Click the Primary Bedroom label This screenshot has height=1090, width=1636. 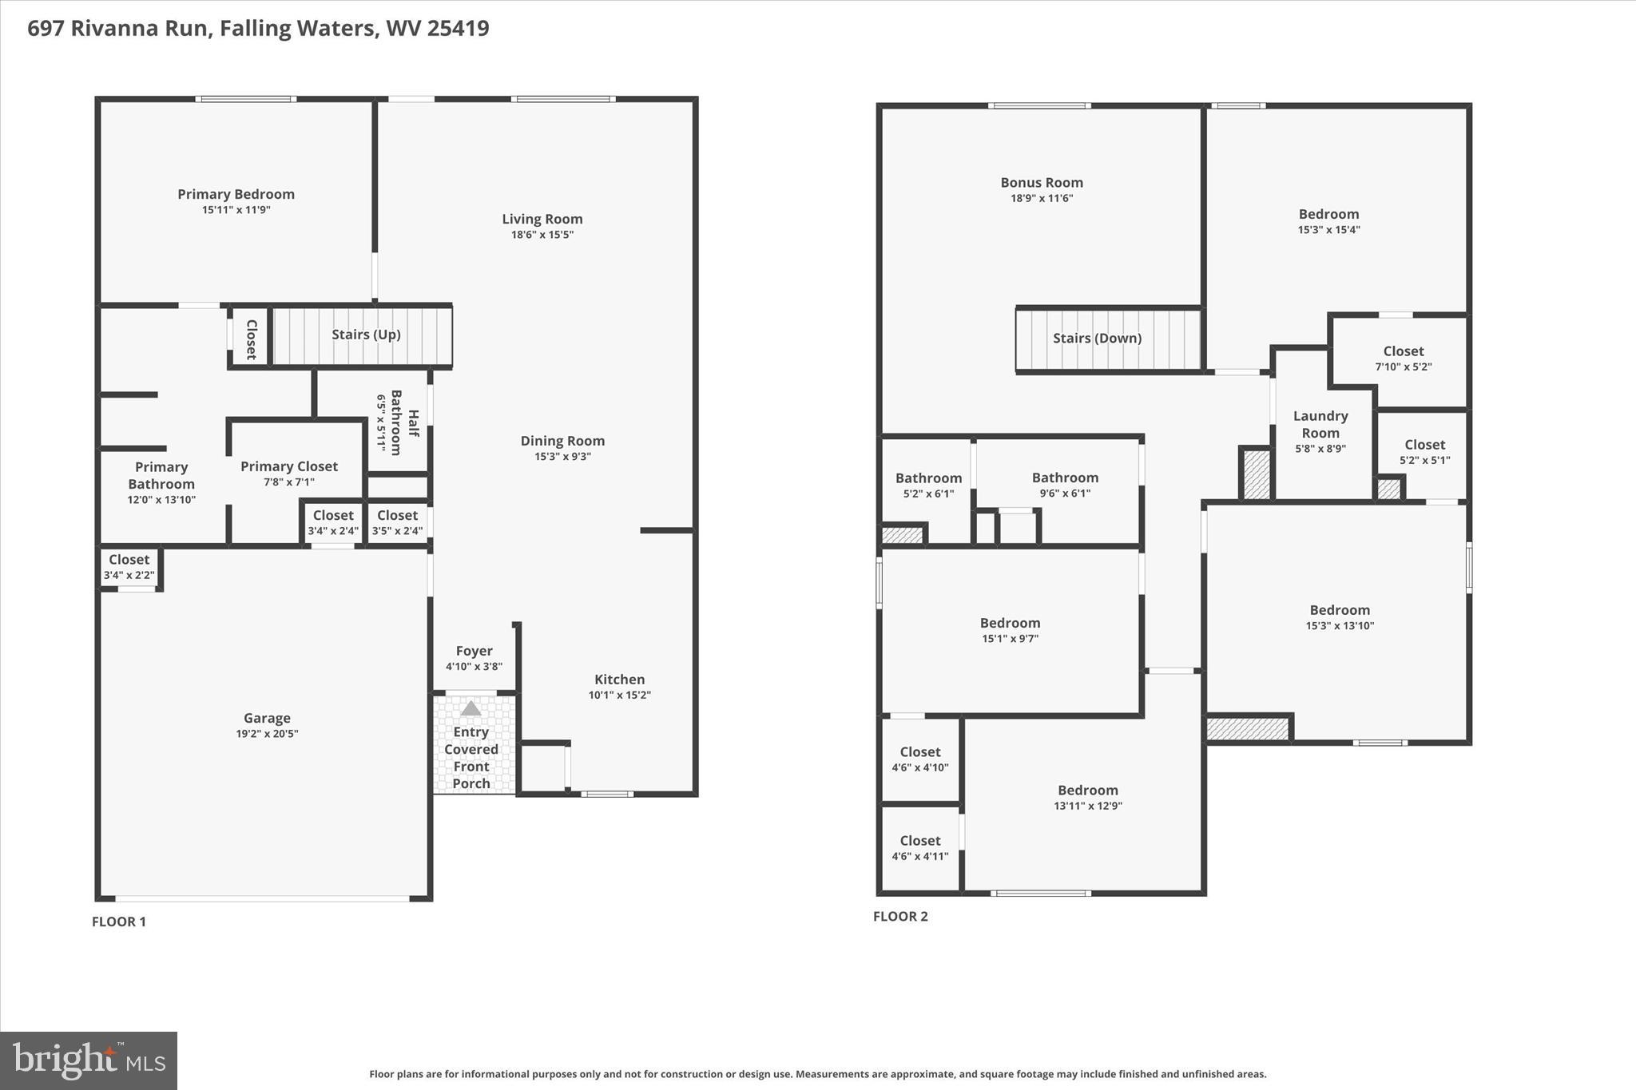[x=236, y=194]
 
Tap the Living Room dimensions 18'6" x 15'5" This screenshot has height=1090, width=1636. [x=542, y=235]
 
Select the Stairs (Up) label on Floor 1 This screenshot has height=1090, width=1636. [x=366, y=335]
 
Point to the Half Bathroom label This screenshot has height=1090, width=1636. [x=405, y=422]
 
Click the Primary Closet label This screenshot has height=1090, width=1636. [x=289, y=466]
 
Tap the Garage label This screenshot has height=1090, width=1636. [x=267, y=718]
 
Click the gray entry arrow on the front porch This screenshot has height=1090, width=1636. [x=471, y=708]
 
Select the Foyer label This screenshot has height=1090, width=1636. [x=474, y=651]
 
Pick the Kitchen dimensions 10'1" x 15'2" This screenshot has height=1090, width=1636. [x=619, y=695]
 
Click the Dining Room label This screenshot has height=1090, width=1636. [x=562, y=441]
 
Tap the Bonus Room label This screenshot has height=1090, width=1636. [x=1042, y=183]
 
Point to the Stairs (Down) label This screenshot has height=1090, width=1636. [x=1097, y=338]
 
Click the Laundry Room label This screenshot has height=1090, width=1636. [x=1320, y=424]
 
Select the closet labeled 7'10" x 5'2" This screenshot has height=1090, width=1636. [x=1403, y=359]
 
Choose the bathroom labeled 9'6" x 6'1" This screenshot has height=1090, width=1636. [x=1065, y=485]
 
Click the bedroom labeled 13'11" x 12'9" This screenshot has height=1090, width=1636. [x=1087, y=797]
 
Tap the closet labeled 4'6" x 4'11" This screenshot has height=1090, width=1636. [x=919, y=848]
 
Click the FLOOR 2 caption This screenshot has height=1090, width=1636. [x=900, y=916]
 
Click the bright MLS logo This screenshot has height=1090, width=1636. [x=89, y=1060]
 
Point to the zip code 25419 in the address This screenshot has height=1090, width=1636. [x=458, y=29]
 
